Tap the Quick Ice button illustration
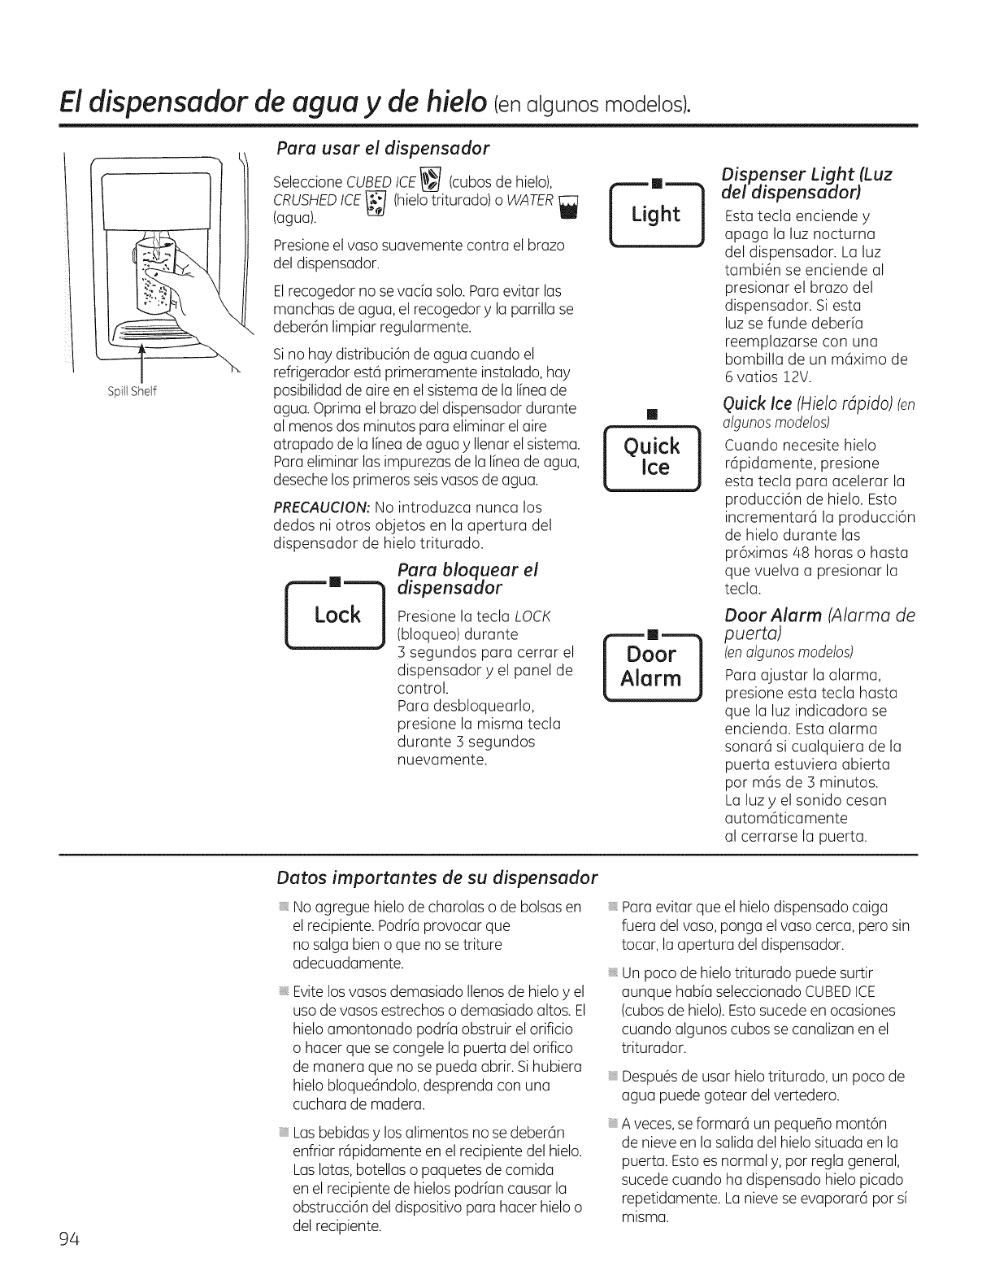[x=652, y=457]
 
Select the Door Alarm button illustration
[x=652, y=667]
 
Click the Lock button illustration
[x=336, y=615]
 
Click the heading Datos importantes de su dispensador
[x=437, y=878]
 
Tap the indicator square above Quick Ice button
[x=652, y=415]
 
